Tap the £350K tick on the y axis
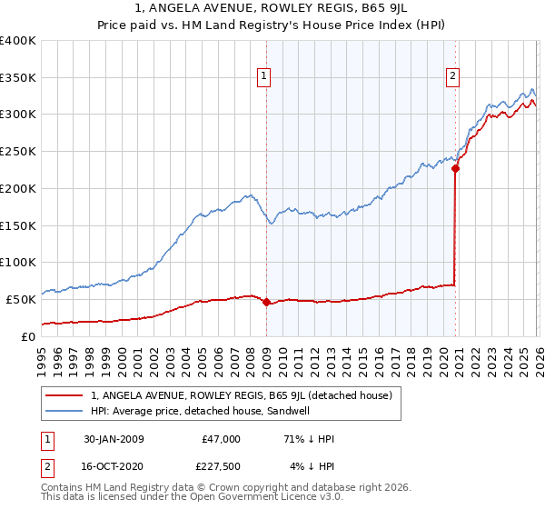18,78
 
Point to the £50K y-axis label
21,299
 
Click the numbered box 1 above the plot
263,76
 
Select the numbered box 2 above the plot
451,76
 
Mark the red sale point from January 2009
266,303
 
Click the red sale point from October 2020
455,168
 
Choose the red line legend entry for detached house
241,395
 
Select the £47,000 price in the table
222,439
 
